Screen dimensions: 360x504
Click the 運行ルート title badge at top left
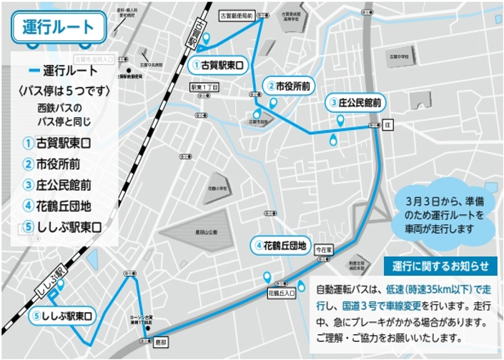click(59, 28)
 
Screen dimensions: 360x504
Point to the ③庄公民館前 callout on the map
click(356, 101)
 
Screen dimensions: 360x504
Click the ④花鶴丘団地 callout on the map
click(280, 246)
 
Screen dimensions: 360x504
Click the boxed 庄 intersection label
click(388, 124)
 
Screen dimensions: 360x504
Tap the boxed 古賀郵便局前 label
click(217, 15)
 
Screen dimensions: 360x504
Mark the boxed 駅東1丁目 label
click(204, 86)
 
